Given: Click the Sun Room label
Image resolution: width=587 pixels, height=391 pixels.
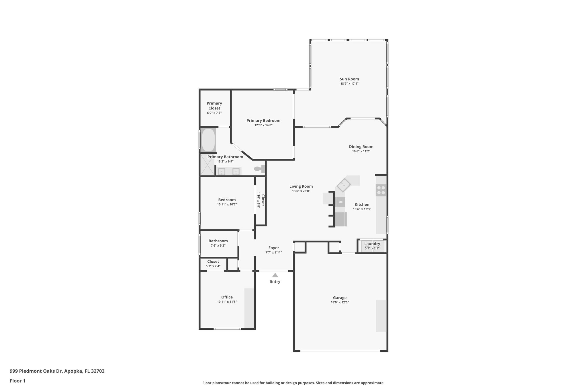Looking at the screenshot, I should tap(349, 79).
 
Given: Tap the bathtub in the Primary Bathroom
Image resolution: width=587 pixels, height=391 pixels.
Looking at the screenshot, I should tap(208, 140).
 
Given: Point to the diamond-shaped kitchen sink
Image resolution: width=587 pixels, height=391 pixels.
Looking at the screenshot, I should tap(344, 185).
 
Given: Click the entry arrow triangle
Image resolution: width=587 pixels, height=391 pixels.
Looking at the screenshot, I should tap(275, 275).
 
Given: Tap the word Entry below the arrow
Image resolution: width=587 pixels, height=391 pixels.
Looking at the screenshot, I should tap(275, 282).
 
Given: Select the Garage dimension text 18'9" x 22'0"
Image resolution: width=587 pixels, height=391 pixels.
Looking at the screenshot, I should tap(340, 302).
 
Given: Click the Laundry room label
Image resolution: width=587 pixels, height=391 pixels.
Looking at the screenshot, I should tap(372, 244).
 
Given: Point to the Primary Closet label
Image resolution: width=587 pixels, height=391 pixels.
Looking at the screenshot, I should tap(214, 106).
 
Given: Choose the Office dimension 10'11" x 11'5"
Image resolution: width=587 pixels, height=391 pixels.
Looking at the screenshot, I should tap(227, 302).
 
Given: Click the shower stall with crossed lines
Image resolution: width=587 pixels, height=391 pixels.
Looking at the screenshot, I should tap(207, 165).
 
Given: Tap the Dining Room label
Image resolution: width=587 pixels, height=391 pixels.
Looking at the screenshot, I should tap(361, 147).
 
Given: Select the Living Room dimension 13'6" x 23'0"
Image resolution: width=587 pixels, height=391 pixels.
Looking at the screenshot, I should tap(301, 191).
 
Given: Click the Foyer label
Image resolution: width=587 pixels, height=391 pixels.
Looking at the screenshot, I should tap(273, 248).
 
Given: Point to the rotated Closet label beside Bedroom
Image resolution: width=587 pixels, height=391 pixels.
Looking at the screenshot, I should tap(263, 200).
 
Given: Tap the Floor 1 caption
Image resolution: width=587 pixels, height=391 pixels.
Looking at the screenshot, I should tap(17, 381).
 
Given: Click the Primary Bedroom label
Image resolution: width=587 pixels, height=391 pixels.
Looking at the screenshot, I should tap(263, 121).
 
